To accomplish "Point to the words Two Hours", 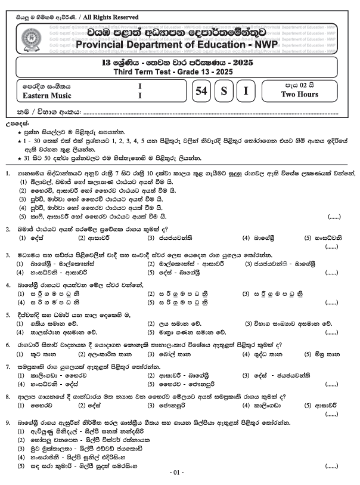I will coord(299,94).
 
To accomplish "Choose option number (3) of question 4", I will coord(246,294).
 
